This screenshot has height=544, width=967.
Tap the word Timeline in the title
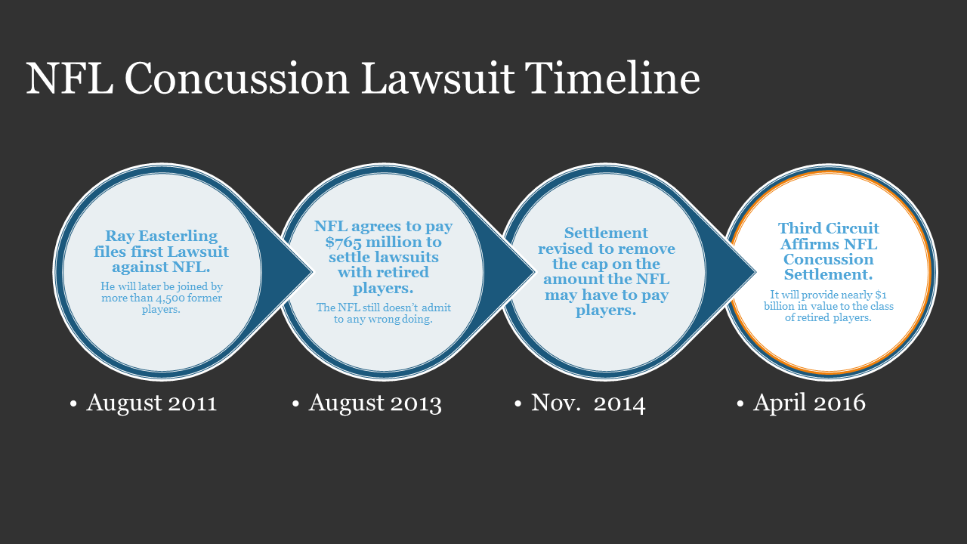(612, 78)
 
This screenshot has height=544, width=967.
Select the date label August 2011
(152, 403)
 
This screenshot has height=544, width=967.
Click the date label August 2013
(375, 403)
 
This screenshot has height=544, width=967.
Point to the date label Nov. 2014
(588, 403)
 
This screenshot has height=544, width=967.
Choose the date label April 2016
(809, 403)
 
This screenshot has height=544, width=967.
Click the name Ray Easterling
(162, 236)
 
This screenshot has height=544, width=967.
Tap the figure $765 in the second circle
(343, 243)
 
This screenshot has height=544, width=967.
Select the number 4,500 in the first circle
(174, 298)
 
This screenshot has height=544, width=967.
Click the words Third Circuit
(829, 228)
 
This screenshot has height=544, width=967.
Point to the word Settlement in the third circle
(606, 233)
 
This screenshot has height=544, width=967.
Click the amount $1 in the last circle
(881, 295)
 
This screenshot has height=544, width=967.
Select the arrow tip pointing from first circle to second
(312, 272)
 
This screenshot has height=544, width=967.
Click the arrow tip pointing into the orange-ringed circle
(755, 272)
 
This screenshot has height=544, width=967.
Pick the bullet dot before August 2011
(73, 404)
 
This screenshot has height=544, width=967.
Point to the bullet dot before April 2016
(740, 404)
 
